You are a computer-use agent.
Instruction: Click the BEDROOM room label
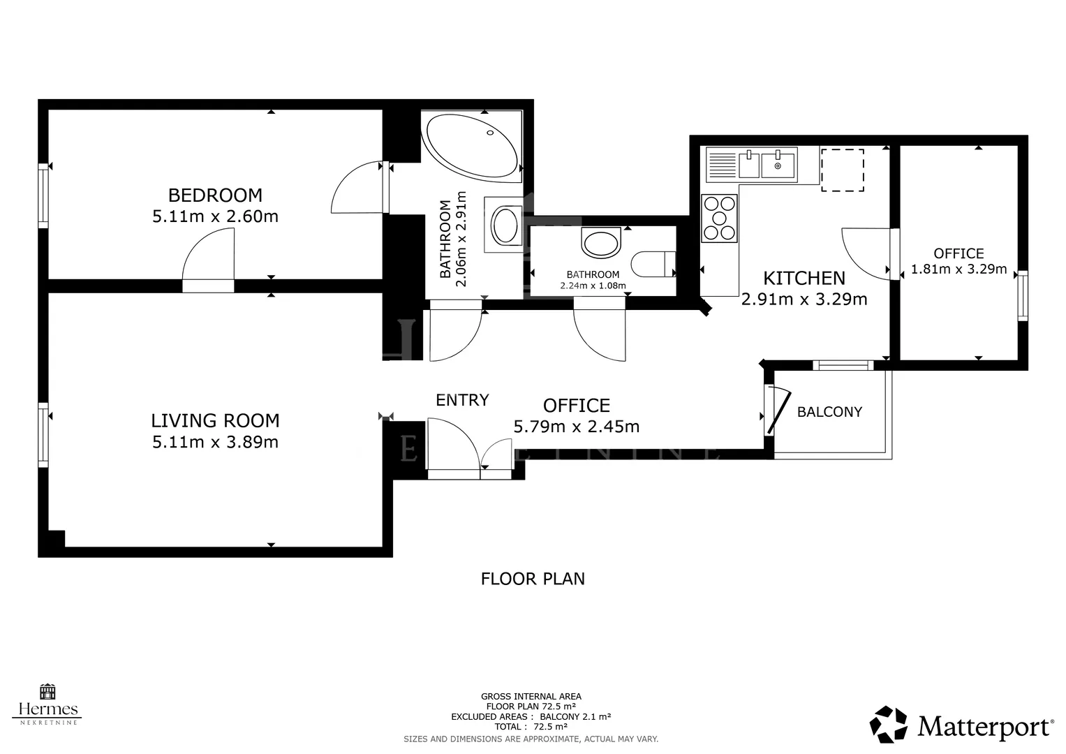[215, 195]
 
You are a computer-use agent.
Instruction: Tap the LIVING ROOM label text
[215, 421]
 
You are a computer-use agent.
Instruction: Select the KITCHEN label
[804, 278]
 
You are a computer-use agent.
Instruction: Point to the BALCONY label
[829, 412]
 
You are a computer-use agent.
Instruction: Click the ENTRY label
[462, 400]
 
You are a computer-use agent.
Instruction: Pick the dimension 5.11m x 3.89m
[215, 442]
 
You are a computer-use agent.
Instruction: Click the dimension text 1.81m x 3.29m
[958, 269]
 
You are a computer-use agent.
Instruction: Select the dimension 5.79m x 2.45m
[577, 427]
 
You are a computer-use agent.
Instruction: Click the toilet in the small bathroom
[653, 264]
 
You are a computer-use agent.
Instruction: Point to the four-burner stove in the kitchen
[720, 219]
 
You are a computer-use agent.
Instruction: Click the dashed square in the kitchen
[843, 170]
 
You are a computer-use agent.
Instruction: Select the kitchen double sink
[751, 165]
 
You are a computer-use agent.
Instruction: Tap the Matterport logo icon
[888, 724]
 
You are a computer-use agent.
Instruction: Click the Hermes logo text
[47, 710]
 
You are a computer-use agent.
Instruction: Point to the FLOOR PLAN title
[533, 579]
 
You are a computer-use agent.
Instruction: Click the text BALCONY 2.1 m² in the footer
[575, 716]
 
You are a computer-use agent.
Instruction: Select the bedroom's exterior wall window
[43, 195]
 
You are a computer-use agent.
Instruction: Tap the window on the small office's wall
[1022, 295]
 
